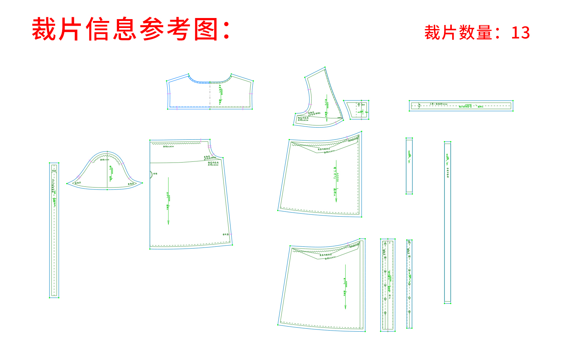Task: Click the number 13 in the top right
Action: pyautogui.click(x=520, y=33)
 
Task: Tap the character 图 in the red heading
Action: pyautogui.click(x=207, y=29)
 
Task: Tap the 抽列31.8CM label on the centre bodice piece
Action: pyautogui.click(x=168, y=146)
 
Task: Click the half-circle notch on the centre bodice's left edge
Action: pyautogui.click(x=151, y=174)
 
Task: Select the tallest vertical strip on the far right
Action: pyautogui.click(x=447, y=222)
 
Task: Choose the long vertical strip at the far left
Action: pyautogui.click(x=54, y=230)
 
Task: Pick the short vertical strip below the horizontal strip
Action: pyautogui.click(x=409, y=166)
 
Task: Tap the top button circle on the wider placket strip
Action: pyautogui.click(x=385, y=243)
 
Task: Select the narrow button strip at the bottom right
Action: pyautogui.click(x=409, y=284)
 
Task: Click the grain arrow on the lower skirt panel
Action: pyautogui.click(x=345, y=287)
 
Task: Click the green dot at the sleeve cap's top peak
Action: pyautogui.click(x=107, y=151)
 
